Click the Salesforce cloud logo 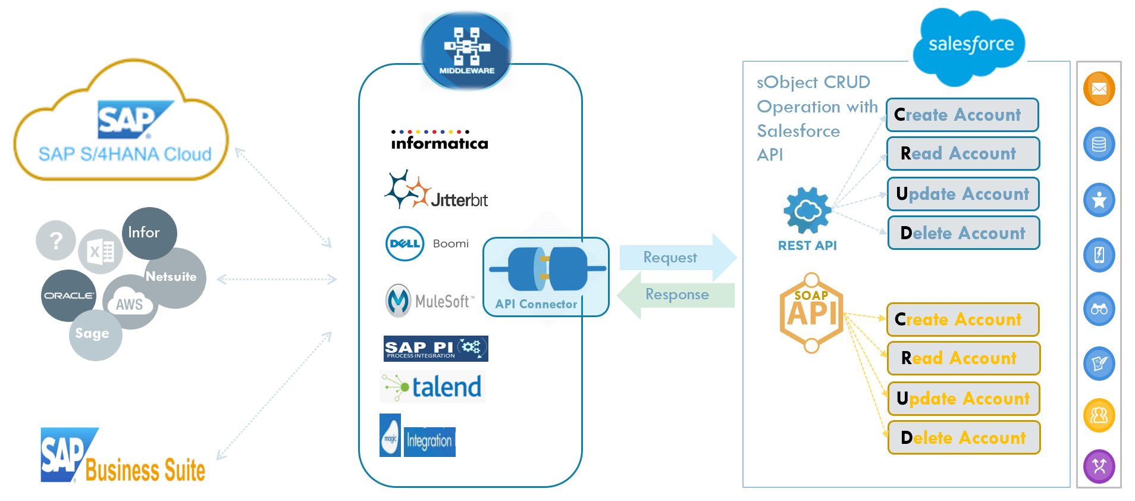click(970, 45)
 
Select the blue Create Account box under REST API click(962, 115)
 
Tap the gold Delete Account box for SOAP click(963, 437)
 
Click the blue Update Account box click(962, 194)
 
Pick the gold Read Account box click(963, 358)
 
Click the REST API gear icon click(807, 210)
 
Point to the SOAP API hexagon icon click(811, 312)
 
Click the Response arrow click(676, 295)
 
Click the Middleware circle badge click(466, 51)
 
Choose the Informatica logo click(439, 140)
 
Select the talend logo click(432, 387)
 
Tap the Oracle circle click(68, 295)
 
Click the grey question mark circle click(56, 240)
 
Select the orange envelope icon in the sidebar click(1099, 89)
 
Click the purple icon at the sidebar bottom click(1099, 466)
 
